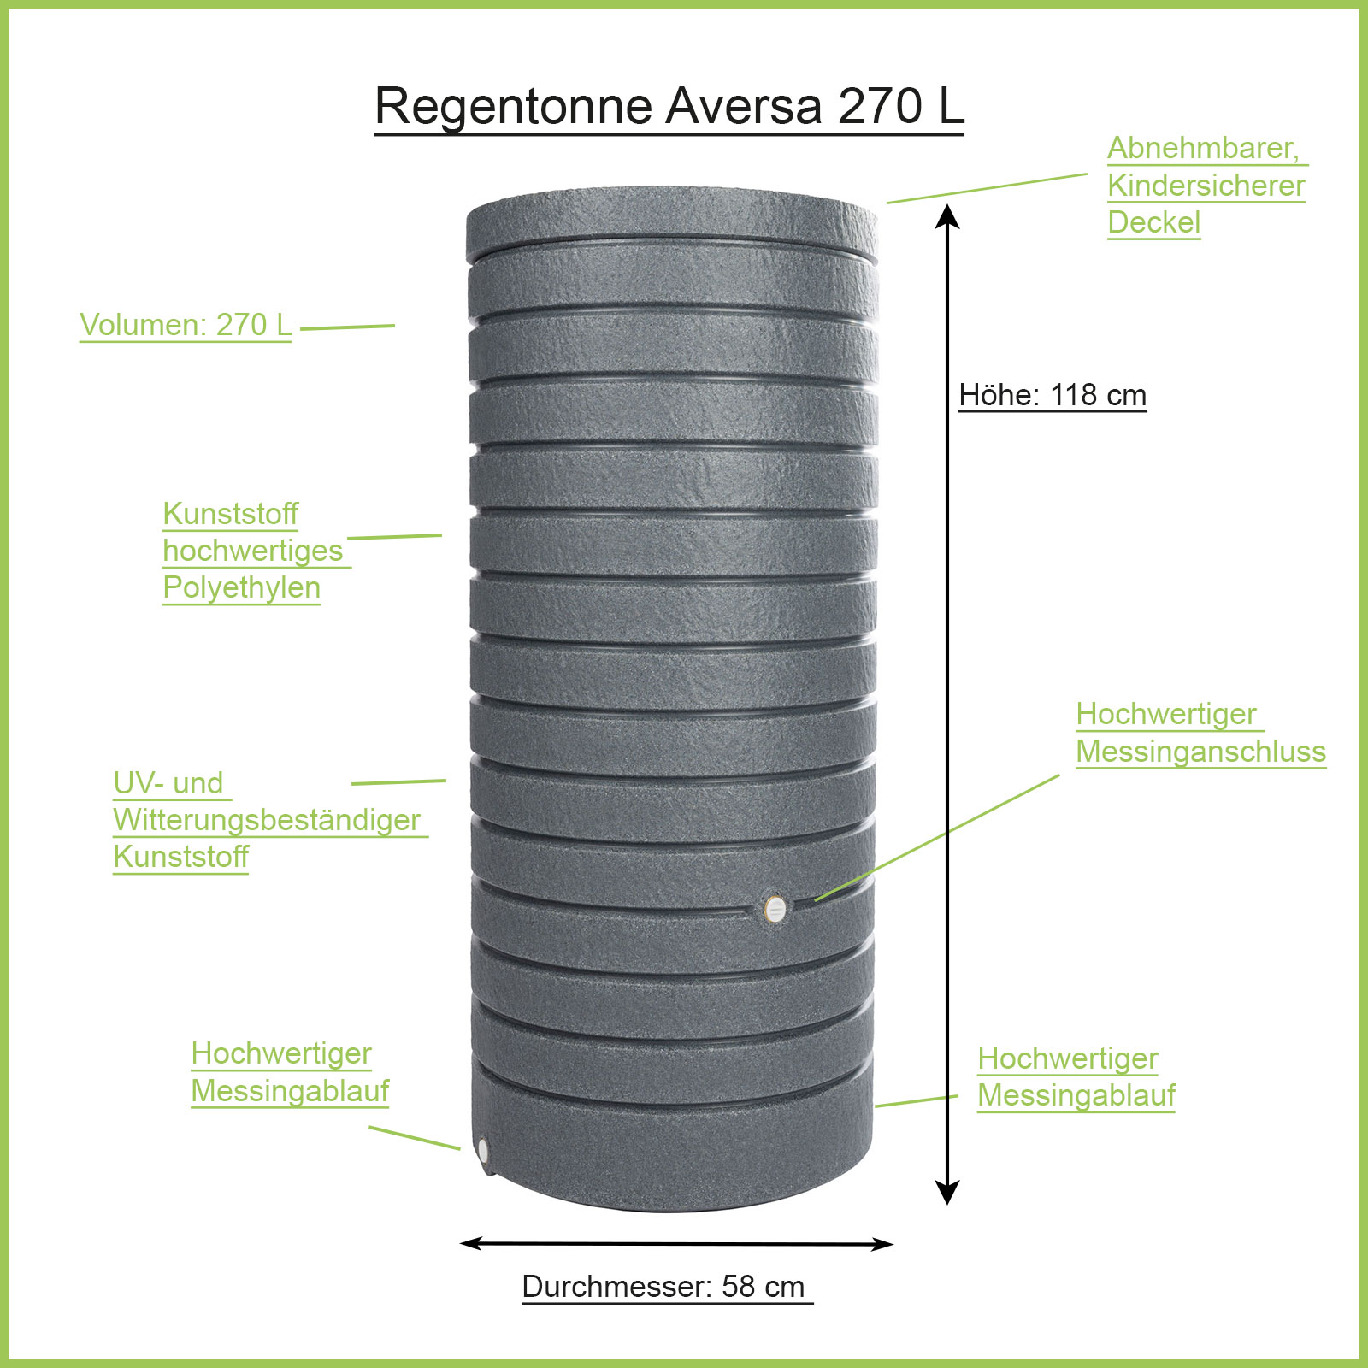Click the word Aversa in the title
click(x=743, y=106)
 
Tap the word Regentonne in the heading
click(x=514, y=108)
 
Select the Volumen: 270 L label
click(x=186, y=325)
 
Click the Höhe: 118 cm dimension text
click(x=1052, y=395)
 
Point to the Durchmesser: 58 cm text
click(x=663, y=1286)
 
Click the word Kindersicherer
click(x=1206, y=186)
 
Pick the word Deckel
click(x=1153, y=222)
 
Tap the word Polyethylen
click(x=241, y=587)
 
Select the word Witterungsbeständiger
click(x=267, y=819)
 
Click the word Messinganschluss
click(x=1200, y=752)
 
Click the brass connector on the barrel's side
click(x=775, y=909)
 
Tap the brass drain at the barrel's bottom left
click(x=483, y=1149)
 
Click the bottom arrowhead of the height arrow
click(x=947, y=1192)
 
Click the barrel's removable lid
click(x=672, y=222)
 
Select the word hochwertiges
click(x=252, y=551)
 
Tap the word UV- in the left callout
click(x=133, y=782)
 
